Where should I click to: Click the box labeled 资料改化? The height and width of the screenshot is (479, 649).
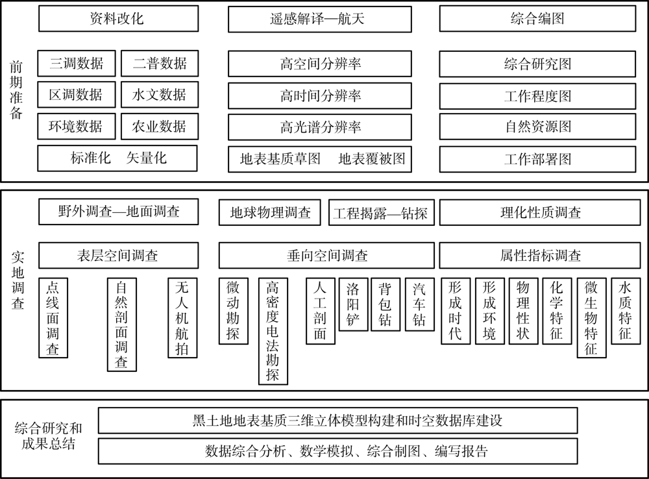point(118,19)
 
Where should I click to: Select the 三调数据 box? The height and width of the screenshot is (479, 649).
point(77,64)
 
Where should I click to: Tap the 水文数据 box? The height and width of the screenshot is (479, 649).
point(160,95)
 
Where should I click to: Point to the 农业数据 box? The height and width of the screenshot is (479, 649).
point(160,127)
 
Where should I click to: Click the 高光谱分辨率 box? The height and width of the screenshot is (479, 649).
point(320,127)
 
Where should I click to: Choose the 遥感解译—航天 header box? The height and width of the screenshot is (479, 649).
point(320,19)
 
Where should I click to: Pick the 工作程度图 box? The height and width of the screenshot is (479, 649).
point(537,96)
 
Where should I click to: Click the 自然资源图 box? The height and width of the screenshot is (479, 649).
point(537,127)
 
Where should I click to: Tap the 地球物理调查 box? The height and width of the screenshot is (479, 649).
point(270,212)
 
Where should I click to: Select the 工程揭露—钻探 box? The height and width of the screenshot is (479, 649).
point(382,213)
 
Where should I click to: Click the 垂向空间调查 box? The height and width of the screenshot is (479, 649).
point(326,256)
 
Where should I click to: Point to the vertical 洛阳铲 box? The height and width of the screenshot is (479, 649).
point(353,304)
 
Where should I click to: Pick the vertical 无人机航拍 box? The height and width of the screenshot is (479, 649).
point(182,317)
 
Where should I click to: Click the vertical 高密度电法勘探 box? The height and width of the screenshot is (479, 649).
point(273,331)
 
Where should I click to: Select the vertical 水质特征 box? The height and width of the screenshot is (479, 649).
point(626,311)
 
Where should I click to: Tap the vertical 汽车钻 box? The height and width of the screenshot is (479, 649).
point(420,304)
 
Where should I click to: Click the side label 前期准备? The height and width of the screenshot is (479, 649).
point(16,90)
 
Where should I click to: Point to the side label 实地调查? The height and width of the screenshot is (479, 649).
point(18,280)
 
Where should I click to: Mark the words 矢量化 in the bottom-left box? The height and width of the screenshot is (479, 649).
point(147,158)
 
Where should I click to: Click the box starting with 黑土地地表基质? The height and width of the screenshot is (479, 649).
point(337,421)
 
